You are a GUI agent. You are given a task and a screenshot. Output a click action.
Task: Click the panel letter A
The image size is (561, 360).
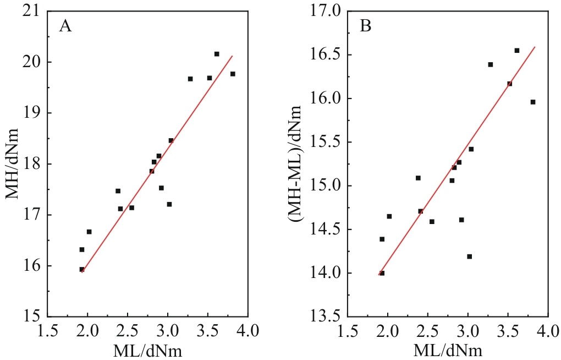pos(65,26)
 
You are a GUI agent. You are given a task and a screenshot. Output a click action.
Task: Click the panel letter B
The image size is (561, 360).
pos(365,26)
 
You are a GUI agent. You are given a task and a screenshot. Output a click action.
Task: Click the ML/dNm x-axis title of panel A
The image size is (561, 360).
pos(148,351)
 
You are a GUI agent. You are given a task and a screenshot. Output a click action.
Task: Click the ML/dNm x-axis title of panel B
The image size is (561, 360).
pos(448,351)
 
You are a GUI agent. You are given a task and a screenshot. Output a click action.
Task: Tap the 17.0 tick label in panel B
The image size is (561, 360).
pos(330,11)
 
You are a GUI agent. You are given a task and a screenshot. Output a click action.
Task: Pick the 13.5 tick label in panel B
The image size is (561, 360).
pos(330,317)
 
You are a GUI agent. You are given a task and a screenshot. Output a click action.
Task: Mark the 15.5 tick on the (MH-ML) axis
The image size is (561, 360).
pos(330,142)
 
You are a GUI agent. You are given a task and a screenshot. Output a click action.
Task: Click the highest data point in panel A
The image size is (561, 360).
pos(217,54)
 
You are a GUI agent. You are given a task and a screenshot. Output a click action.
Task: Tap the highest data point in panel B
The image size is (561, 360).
pos(517,51)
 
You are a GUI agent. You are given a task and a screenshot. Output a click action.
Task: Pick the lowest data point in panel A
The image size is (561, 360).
pos(82,270)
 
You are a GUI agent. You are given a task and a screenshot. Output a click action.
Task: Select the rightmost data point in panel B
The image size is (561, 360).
pos(533,102)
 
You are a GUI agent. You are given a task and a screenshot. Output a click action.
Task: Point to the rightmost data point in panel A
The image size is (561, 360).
pos(233,74)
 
